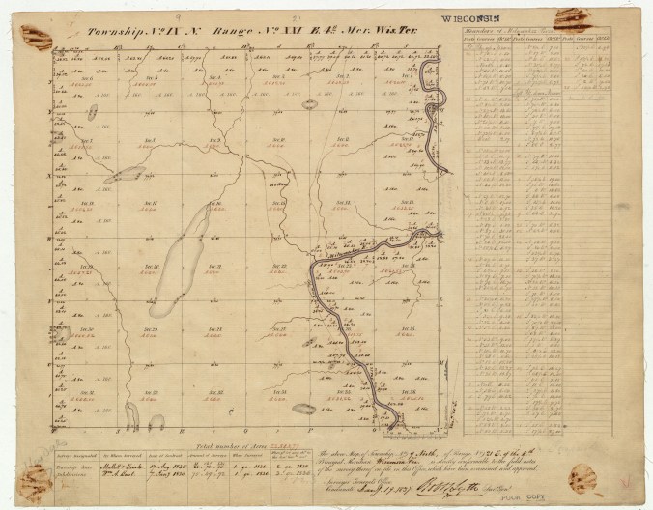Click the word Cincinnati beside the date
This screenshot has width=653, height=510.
point(346,479)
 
